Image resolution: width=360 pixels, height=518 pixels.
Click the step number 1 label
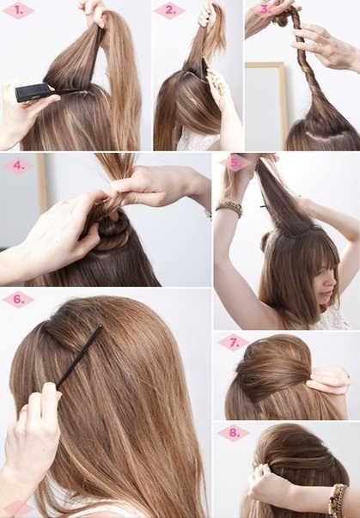coord(19,10)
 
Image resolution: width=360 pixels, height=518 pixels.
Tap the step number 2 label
coord(170,10)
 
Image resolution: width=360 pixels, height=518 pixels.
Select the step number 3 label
coord(265,10)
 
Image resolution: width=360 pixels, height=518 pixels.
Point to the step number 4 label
coord(19,165)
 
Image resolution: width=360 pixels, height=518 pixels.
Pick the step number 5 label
coord(235,163)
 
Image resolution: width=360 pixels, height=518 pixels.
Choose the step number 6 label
coord(19,299)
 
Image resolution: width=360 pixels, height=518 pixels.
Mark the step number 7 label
coord(234,343)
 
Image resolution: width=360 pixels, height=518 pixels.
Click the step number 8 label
coord(234,432)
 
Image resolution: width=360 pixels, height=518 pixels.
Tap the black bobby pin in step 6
coord(79,357)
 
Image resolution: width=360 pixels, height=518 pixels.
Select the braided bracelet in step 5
coord(229,209)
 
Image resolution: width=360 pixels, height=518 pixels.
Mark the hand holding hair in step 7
coord(327,381)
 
